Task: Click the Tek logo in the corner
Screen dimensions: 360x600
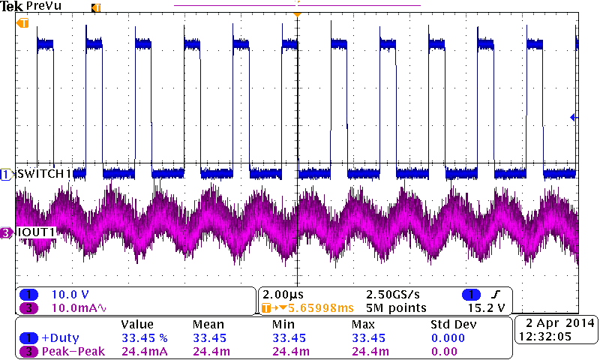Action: (12, 6)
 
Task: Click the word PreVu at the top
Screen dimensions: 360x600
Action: (44, 6)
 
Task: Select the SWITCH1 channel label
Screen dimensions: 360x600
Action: (44, 174)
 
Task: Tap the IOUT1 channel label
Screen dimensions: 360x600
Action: (37, 232)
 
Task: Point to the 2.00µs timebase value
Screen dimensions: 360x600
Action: (283, 294)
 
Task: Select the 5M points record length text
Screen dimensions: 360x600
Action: (397, 307)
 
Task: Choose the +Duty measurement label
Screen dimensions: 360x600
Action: (61, 337)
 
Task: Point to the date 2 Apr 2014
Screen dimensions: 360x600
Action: (556, 323)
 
